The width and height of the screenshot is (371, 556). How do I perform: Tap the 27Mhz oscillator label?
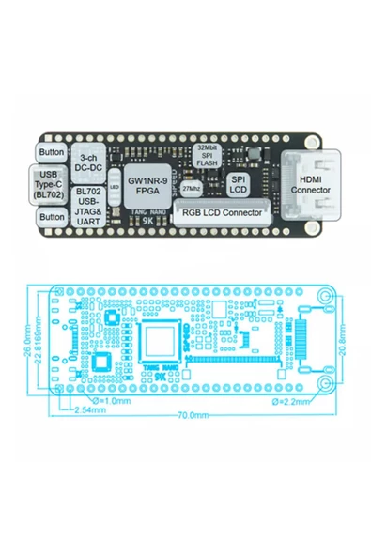[192, 189]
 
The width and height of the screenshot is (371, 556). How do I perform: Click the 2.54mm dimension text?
[89, 410]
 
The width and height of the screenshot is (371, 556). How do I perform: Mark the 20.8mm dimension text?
[347, 341]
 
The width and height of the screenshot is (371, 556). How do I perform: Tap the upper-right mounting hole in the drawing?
[325, 297]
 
